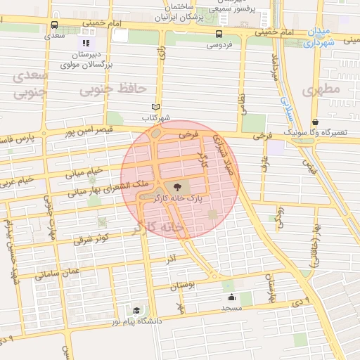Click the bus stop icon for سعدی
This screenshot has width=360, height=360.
(55, 25)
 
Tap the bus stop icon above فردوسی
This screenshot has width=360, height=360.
(220, 33)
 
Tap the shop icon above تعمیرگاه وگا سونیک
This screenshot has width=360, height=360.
(315, 121)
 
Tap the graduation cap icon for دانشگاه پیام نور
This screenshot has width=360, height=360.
(136, 310)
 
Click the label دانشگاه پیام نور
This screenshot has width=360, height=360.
(153, 321)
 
